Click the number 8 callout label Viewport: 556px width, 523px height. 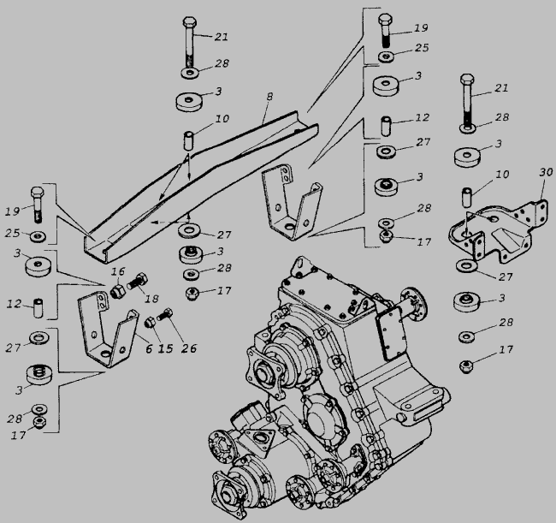coord(269,97)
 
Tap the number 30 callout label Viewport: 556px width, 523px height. coord(546,172)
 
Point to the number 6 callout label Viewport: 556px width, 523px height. coord(149,348)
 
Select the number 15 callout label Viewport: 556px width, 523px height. coord(165,348)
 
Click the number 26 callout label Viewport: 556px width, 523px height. coord(189,348)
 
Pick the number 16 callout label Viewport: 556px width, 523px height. coord(118,272)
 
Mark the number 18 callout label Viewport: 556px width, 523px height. coord(151,299)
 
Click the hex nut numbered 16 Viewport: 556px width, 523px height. coord(118,292)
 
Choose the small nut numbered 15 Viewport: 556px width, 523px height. coord(149,323)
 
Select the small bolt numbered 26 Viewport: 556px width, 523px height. coord(163,315)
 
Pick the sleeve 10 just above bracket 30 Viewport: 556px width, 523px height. coord(467,198)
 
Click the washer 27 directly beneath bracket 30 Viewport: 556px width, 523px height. coord(467,265)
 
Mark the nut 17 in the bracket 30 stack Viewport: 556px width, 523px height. coord(466,366)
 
